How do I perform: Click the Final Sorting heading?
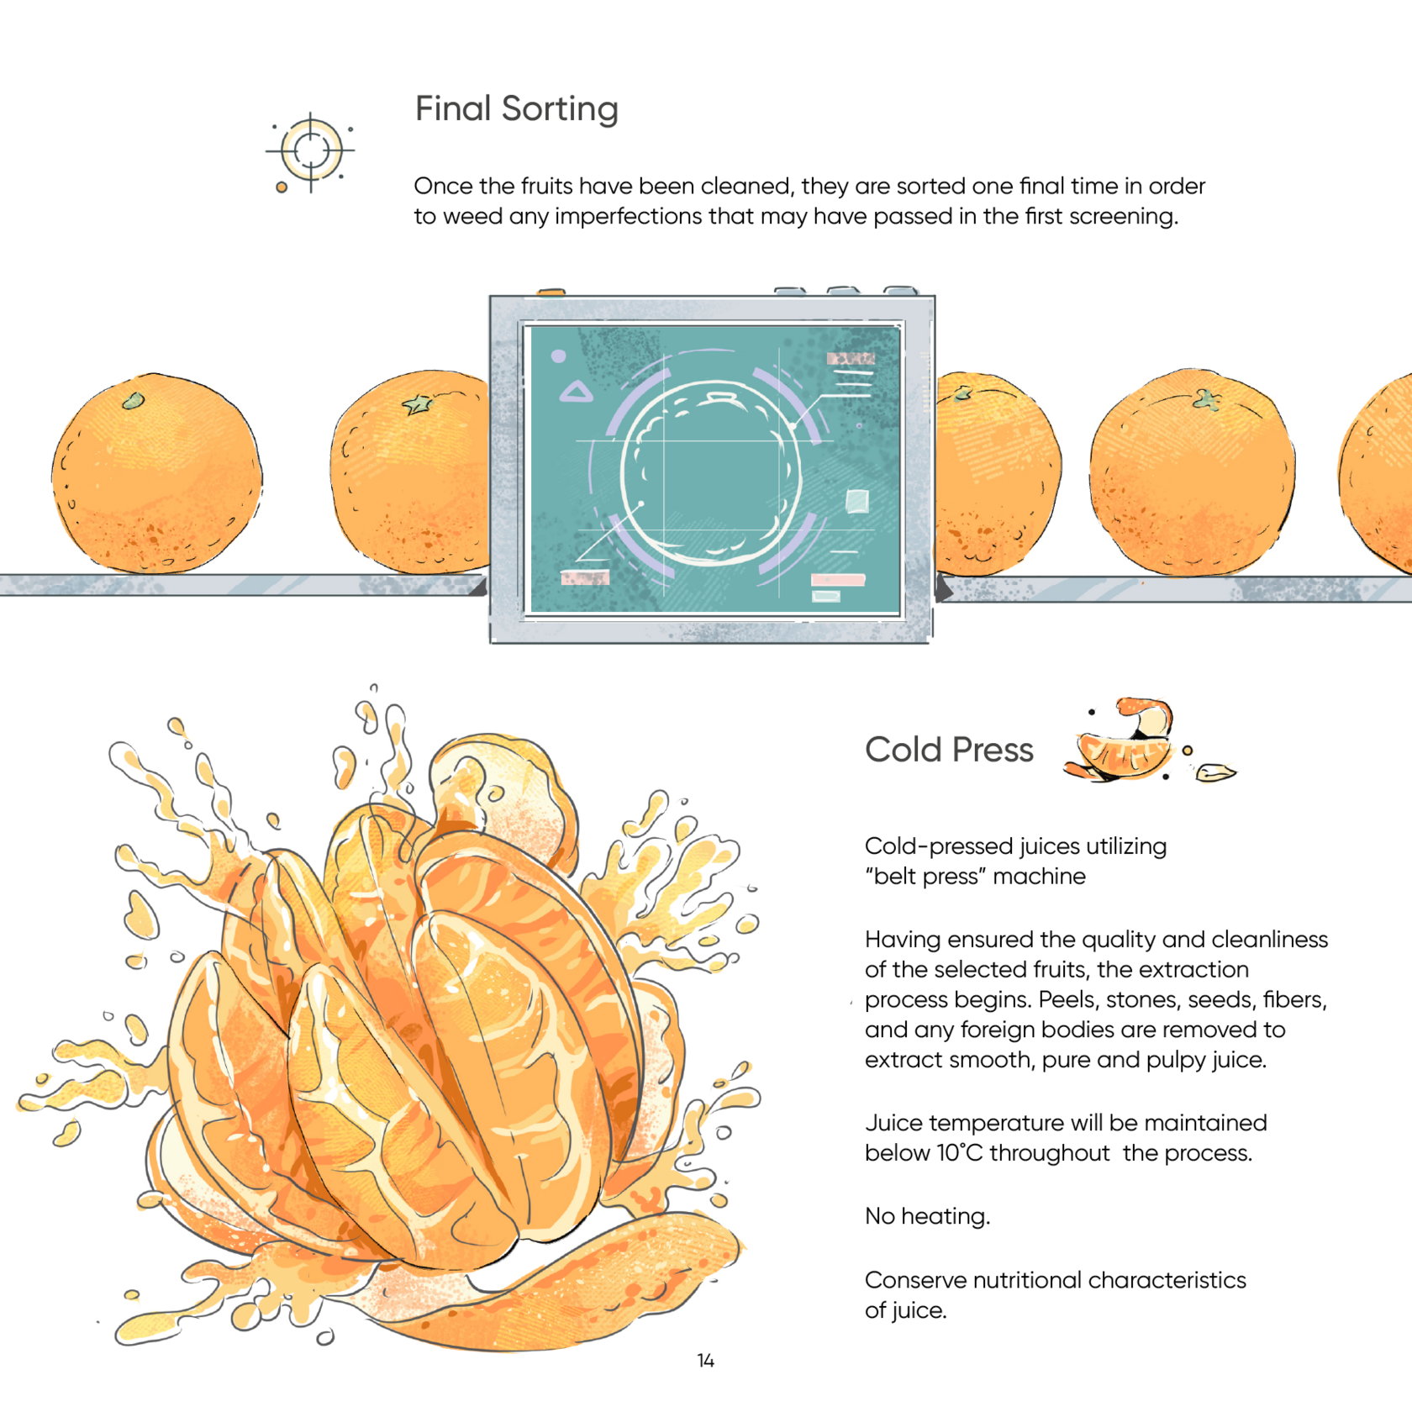517,109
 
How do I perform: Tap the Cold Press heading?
949,750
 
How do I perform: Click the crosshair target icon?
310,151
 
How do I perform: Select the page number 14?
706,1361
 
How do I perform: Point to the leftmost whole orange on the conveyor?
157,473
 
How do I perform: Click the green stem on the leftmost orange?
133,401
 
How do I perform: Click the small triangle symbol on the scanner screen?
577,391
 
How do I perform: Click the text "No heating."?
927,1216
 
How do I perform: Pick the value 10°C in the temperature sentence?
959,1153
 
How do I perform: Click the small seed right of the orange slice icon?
1215,772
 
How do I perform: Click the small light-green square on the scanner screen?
856,501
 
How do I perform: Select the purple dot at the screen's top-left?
558,356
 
